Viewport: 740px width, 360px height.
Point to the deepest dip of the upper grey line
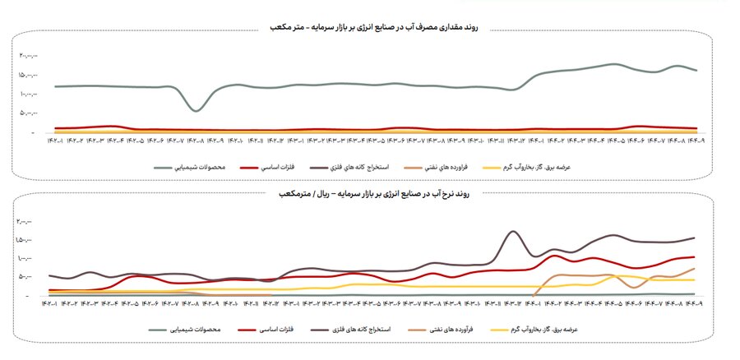(x=196, y=110)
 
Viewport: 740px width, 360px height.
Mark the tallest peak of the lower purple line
(x=513, y=232)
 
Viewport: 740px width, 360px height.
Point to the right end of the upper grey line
(x=696, y=71)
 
